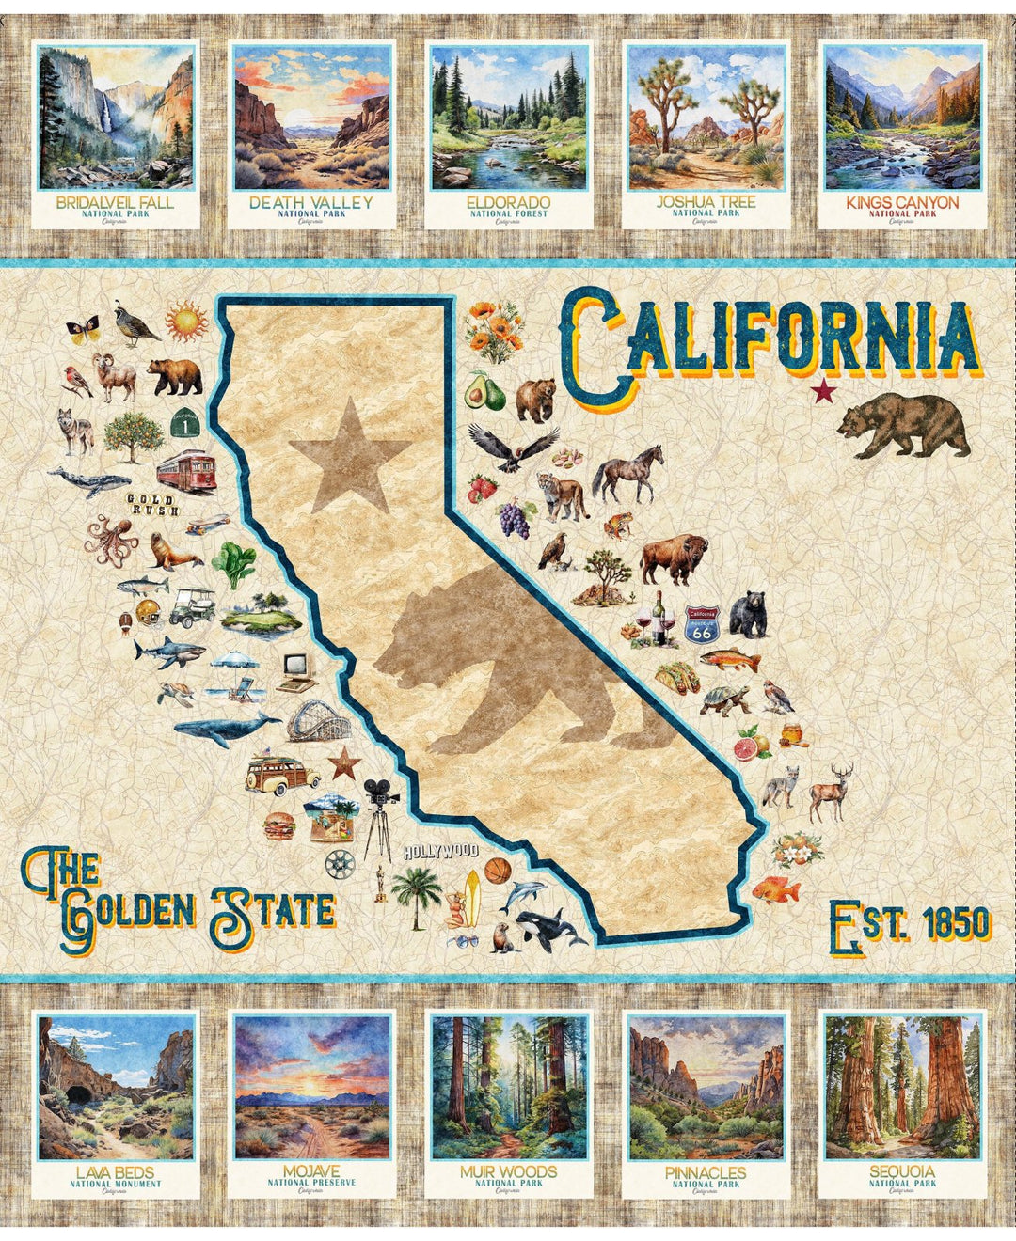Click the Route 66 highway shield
tap(701, 623)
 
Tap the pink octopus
tap(111, 541)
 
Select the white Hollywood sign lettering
tap(440, 852)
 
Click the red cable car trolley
tap(186, 470)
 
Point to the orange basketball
tap(498, 870)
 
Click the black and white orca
tap(550, 928)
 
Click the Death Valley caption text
tap(310, 202)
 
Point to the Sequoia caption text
tap(902, 1171)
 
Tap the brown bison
tap(673, 558)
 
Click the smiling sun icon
tap(186, 321)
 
